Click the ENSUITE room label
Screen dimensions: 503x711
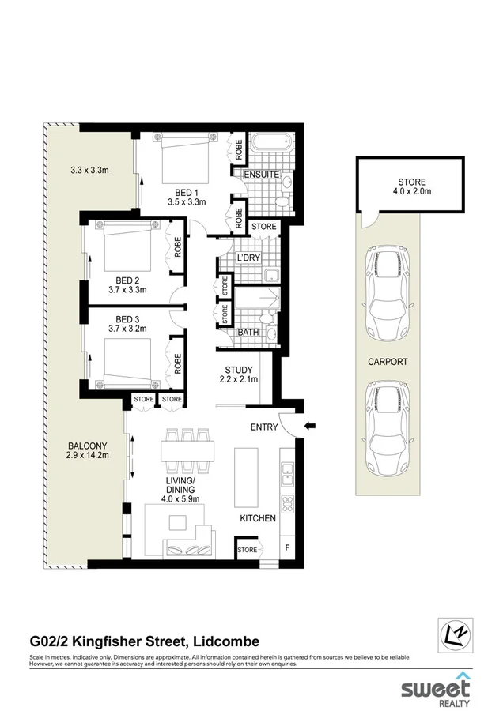tap(262, 175)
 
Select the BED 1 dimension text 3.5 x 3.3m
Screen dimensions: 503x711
tap(186, 201)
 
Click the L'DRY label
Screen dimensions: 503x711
tap(249, 258)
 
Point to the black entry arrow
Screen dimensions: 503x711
tap(311, 426)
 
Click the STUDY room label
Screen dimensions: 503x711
tap(239, 370)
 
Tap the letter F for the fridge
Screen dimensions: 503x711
tap(287, 547)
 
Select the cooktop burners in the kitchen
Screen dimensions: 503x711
tap(287, 503)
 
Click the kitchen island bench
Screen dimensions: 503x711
tap(246, 477)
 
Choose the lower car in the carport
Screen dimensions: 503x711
tap(388, 427)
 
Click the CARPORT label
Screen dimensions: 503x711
tap(388, 362)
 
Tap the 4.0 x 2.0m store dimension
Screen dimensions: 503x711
tap(412, 191)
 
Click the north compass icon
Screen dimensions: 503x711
tap(456, 636)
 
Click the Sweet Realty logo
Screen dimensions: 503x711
tap(436, 688)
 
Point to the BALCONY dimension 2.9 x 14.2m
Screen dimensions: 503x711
tap(86, 455)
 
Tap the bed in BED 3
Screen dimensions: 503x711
tap(127, 364)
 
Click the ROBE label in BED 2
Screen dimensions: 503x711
tap(177, 247)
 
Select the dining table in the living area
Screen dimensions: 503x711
tap(187, 451)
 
